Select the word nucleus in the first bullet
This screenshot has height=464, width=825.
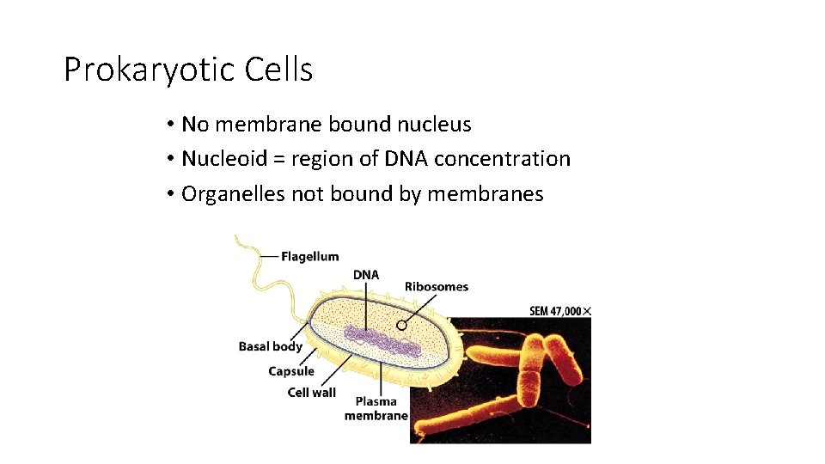pyautogui.click(x=434, y=125)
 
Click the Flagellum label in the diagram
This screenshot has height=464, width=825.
pyautogui.click(x=310, y=256)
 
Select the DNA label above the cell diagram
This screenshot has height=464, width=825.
pyautogui.click(x=366, y=275)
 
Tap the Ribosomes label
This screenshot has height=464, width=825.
pyautogui.click(x=437, y=286)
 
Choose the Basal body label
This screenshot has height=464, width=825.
pyautogui.click(x=270, y=346)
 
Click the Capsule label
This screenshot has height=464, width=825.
pyautogui.click(x=291, y=371)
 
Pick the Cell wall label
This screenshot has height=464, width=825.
pyautogui.click(x=311, y=393)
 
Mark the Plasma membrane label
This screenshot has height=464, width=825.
pyautogui.click(x=376, y=408)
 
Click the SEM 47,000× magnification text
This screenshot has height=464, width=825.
pyautogui.click(x=559, y=311)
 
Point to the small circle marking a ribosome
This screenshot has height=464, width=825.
pyautogui.click(x=401, y=326)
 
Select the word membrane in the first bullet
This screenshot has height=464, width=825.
pyautogui.click(x=268, y=125)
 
